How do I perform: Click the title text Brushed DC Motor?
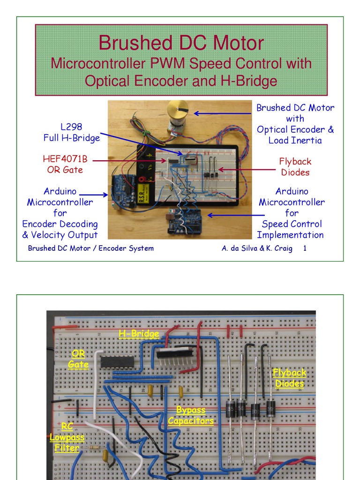(x=181, y=43)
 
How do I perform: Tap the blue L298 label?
(x=71, y=127)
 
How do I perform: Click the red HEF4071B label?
(x=65, y=159)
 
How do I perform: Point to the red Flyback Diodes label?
(x=295, y=167)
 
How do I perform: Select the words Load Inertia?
(x=295, y=140)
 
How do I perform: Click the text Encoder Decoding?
(x=60, y=224)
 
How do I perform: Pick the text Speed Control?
(x=292, y=224)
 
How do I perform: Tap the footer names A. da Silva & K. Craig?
(x=257, y=248)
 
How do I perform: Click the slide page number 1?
(x=305, y=248)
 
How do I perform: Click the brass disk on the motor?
(x=178, y=109)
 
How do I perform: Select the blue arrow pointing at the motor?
(x=223, y=113)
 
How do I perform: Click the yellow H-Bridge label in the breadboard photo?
(x=139, y=334)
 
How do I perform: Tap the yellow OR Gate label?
(x=78, y=359)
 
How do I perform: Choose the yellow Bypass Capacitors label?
(x=191, y=415)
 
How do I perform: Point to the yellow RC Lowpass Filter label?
(x=67, y=437)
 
